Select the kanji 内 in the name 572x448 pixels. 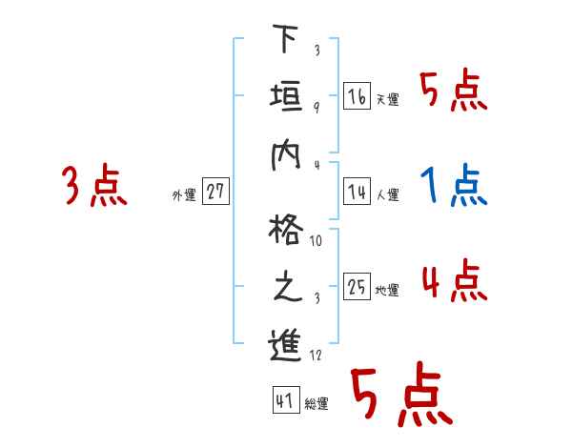[x=285, y=153]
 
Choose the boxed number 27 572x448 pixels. [x=215, y=193]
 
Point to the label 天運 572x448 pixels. [x=387, y=99]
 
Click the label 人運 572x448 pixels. [x=387, y=195]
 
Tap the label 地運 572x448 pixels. [x=387, y=291]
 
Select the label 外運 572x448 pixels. [x=184, y=195]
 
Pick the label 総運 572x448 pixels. [x=317, y=404]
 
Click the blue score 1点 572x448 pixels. [x=454, y=186]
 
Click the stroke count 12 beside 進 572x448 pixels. [x=316, y=356]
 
